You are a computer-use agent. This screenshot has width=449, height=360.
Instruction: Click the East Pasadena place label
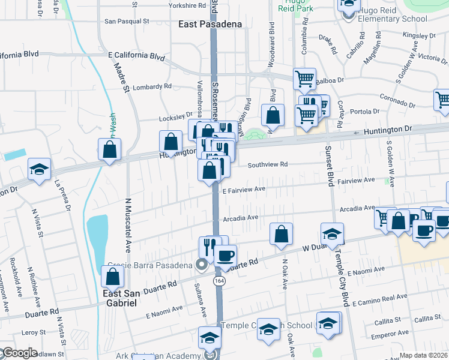tap(210, 25)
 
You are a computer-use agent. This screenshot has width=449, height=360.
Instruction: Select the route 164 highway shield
tap(218, 281)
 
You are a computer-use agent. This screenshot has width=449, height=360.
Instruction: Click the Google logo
tap(19, 353)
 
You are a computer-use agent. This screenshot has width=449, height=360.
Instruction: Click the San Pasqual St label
tap(127, 21)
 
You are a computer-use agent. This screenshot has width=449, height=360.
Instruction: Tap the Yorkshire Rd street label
tap(187, 5)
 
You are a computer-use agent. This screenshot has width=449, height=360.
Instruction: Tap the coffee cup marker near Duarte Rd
tap(225, 256)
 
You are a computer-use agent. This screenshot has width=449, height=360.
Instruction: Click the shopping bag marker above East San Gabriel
tap(112, 277)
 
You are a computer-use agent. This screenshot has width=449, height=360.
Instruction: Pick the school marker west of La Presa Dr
tap(39, 169)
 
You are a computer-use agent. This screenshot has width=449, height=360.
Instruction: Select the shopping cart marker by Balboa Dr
tap(304, 79)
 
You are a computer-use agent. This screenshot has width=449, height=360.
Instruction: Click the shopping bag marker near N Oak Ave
tap(281, 234)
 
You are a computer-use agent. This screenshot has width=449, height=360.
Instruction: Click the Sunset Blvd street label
tap(329, 165)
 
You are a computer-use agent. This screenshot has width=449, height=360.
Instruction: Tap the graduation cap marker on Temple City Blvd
tap(332, 234)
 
